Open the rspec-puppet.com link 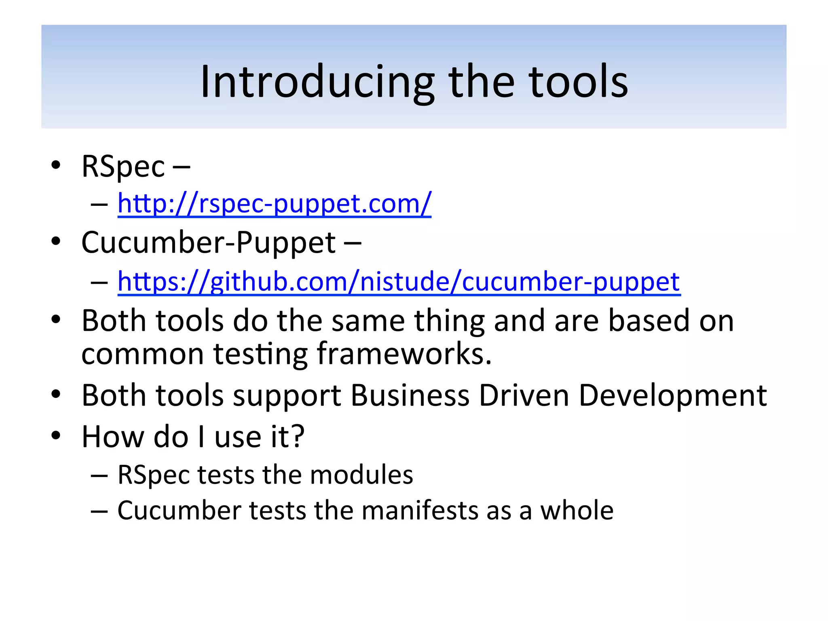click(275, 203)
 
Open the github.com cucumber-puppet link click(399, 281)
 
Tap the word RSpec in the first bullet click(123, 166)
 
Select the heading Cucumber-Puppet click(208, 243)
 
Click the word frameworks click(403, 354)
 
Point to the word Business click(410, 395)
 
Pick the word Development click(672, 395)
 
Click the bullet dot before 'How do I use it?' click(56, 436)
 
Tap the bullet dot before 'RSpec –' click(56, 165)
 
